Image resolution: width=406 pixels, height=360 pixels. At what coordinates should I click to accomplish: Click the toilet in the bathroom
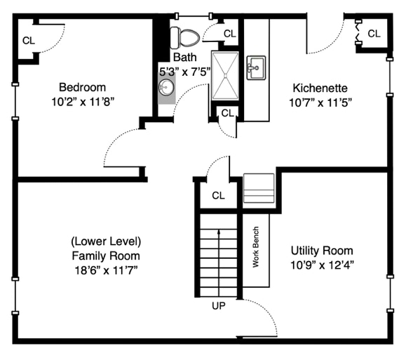pyautogui.click(x=185, y=38)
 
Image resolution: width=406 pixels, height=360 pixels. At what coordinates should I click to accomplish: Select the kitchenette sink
pyautogui.click(x=256, y=67)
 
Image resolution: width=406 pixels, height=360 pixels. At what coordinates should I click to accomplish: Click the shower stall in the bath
pyautogui.click(x=225, y=75)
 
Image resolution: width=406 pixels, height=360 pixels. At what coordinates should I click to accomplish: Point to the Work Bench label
pyautogui.click(x=255, y=247)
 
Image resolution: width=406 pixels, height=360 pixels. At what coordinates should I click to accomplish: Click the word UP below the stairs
pyautogui.click(x=219, y=306)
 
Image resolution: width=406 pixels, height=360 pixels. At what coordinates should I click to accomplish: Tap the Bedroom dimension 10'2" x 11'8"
pyautogui.click(x=83, y=102)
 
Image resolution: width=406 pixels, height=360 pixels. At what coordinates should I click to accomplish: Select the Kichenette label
pyautogui.click(x=320, y=88)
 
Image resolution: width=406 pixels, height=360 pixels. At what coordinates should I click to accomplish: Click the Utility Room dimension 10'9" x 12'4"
pyautogui.click(x=322, y=265)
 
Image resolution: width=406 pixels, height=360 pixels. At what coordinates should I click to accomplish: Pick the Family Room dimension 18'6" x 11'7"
pyautogui.click(x=106, y=271)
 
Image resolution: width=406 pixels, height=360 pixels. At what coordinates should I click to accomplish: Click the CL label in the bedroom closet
pyautogui.click(x=29, y=41)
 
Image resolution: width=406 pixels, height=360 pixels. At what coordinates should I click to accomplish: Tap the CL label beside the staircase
pyautogui.click(x=218, y=195)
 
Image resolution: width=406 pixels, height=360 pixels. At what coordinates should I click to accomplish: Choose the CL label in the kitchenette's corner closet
pyautogui.click(x=374, y=34)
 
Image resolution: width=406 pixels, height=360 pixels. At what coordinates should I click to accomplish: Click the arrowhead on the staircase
pyautogui.click(x=219, y=232)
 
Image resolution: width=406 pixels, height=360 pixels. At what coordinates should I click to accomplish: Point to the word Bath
pyautogui.click(x=184, y=57)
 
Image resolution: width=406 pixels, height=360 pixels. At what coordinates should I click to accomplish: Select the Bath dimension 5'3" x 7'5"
pyautogui.click(x=184, y=72)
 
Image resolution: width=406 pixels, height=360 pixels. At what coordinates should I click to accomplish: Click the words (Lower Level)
pyautogui.click(x=106, y=241)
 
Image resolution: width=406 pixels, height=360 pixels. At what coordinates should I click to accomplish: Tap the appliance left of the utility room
pyautogui.click(x=259, y=188)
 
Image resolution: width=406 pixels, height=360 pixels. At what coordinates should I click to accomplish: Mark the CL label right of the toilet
pyautogui.click(x=230, y=34)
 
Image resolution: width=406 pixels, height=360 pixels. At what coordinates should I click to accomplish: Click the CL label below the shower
pyautogui.click(x=228, y=113)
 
